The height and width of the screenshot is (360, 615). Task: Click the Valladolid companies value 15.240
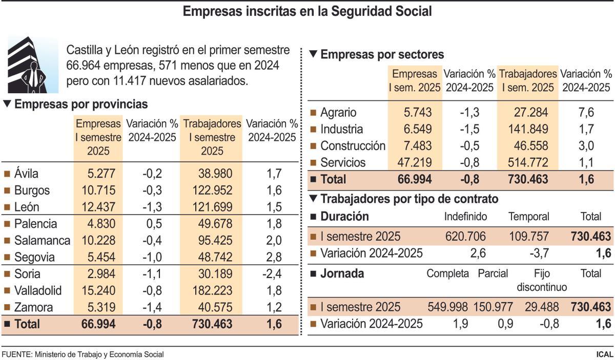(x=98, y=291)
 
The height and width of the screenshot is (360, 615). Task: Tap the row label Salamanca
(x=42, y=241)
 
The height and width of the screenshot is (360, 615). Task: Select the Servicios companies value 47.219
(x=415, y=163)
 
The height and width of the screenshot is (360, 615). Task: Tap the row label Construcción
(x=353, y=146)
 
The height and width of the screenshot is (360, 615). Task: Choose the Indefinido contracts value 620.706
(x=465, y=237)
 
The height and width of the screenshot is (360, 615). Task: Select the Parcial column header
(x=493, y=273)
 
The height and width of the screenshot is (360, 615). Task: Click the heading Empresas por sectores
(x=382, y=54)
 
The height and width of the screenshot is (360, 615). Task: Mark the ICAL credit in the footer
(x=604, y=354)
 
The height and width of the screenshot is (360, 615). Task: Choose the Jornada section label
(x=342, y=273)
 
